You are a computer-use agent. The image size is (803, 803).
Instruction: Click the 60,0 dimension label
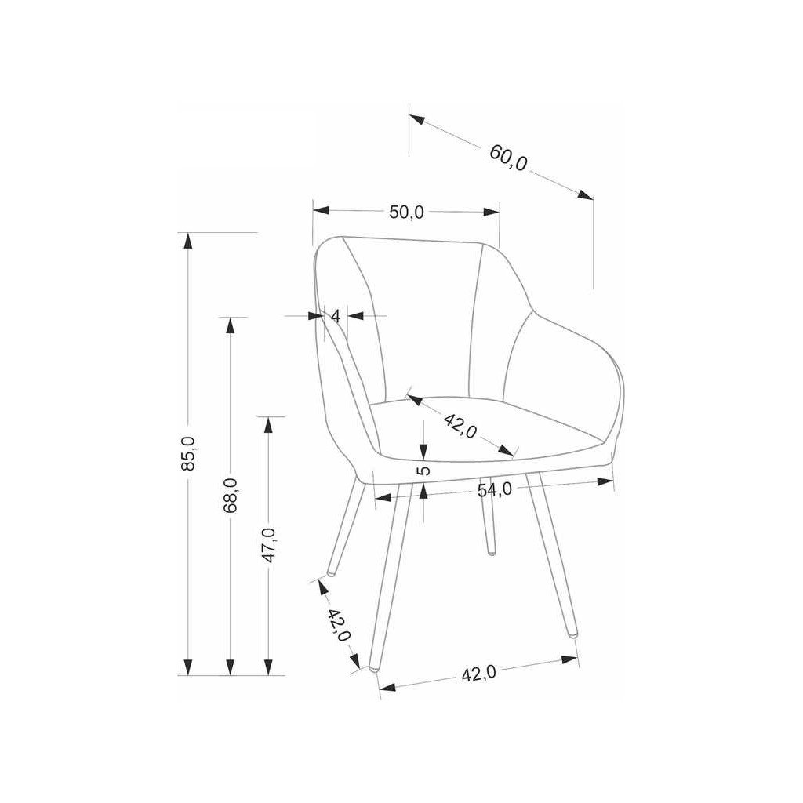(509, 157)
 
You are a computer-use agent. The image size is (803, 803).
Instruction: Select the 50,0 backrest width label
(407, 212)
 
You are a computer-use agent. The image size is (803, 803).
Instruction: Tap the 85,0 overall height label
(187, 454)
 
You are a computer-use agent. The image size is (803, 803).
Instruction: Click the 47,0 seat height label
(269, 545)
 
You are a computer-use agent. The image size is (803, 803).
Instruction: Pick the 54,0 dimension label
(496, 489)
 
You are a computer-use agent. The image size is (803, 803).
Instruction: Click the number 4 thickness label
(336, 316)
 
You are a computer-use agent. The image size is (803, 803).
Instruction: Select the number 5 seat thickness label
(423, 471)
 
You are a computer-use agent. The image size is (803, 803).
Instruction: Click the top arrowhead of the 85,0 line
(187, 240)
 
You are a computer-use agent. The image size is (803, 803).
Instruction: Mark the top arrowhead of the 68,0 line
(230, 324)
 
